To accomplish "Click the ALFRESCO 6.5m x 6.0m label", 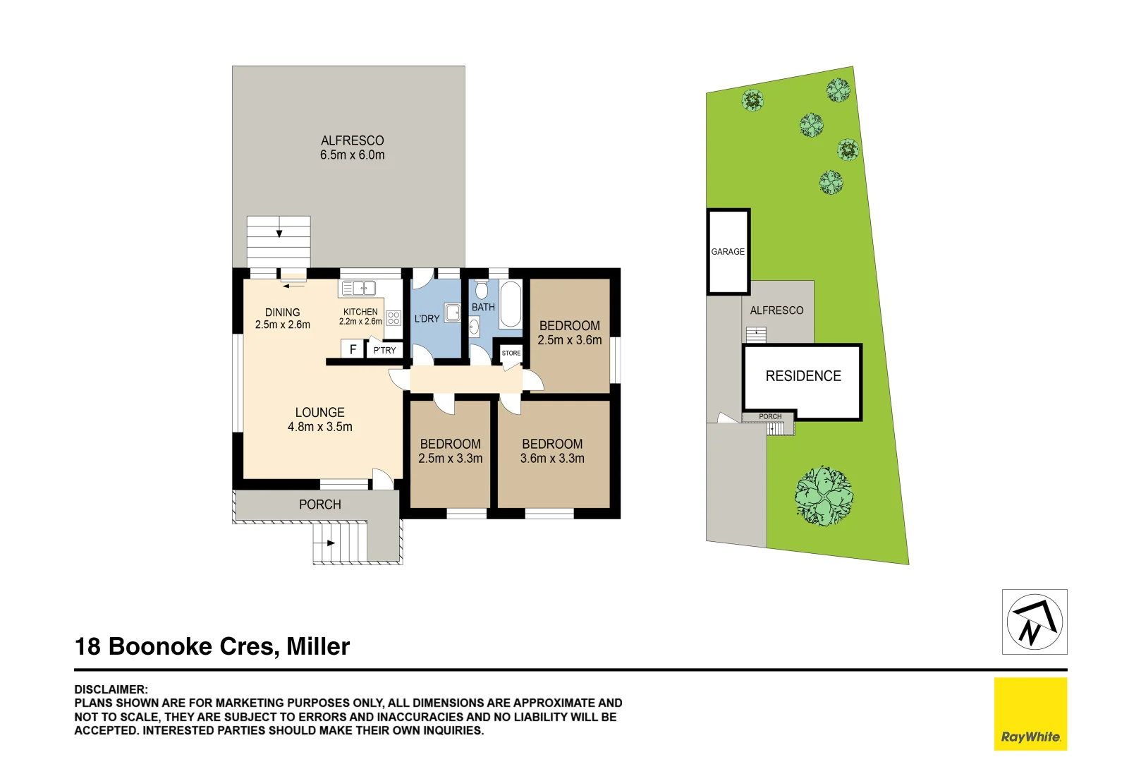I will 352,147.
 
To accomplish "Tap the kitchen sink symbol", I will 358,288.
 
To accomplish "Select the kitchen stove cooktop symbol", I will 393,317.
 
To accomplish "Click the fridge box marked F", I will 353,349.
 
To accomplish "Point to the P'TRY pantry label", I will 384,350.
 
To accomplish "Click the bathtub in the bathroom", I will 511,304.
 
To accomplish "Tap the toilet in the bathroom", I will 482,289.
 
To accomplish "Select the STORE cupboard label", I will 511,353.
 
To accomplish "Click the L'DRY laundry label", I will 427,319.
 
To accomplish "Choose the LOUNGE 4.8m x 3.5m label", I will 319,419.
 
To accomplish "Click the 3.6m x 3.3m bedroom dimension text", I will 552,459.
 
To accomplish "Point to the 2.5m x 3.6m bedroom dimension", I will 570,340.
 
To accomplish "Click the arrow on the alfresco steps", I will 279,233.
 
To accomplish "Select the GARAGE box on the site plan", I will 728,251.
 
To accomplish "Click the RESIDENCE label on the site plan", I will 803,376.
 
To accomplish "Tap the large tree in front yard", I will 824,495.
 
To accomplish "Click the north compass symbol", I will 1034,622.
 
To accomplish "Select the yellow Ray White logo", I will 1030,713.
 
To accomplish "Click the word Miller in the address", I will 318,646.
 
